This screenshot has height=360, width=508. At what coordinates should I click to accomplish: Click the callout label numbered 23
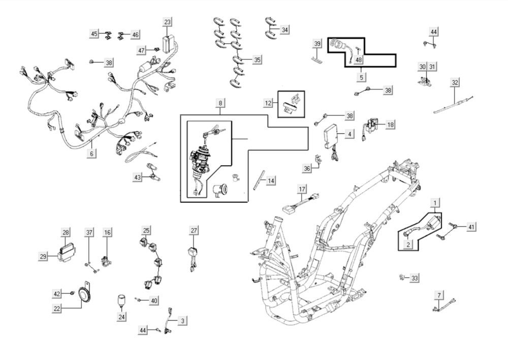pos(167,21)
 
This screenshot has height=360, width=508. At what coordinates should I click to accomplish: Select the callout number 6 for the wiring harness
pos(91,153)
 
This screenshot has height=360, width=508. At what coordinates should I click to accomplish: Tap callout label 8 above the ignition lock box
pos(220,103)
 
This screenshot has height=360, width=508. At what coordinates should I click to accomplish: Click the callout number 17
pos(302,189)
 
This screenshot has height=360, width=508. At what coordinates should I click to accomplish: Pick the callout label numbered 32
pos(455,82)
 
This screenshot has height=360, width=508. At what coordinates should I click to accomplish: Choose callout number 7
pos(438,295)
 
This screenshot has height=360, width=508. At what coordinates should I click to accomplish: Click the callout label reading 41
pos(471,227)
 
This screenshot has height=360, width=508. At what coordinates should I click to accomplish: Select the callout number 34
pos(284,30)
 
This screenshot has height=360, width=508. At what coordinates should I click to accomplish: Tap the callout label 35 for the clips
pos(257,60)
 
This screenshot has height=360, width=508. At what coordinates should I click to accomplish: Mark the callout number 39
pos(317,44)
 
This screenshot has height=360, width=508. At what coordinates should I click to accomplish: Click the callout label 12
pos(268,103)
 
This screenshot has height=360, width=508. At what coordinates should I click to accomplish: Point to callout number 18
pos(390,125)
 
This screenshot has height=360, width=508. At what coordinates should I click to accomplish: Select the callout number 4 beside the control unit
pos(350,134)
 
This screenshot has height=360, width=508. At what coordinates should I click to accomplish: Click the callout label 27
pos(194,230)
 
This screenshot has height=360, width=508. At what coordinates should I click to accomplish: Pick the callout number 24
pos(122,317)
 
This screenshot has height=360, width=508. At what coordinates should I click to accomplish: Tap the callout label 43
pos(138,177)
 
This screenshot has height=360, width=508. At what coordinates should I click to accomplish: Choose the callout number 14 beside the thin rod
pos(271,181)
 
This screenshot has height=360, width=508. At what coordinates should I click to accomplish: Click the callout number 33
pos(415,278)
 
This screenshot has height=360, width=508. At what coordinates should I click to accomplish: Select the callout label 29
pos(43,257)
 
